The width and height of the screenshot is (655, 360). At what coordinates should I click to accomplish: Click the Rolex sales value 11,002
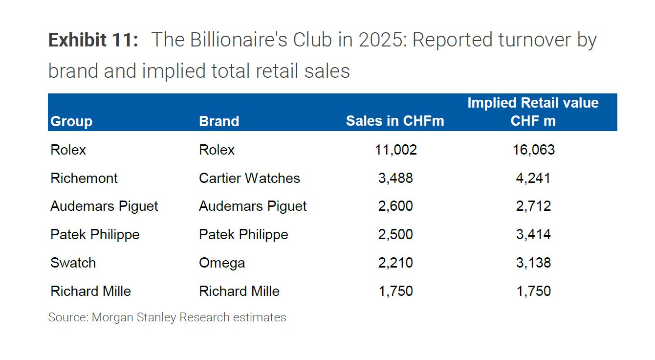(x=395, y=150)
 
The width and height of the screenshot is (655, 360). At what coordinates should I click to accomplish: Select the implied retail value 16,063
(x=533, y=150)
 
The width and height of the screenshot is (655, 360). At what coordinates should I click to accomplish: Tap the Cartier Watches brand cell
(x=249, y=178)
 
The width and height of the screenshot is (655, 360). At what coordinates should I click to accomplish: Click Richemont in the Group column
(x=84, y=178)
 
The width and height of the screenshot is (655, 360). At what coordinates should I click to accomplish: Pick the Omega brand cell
(x=222, y=263)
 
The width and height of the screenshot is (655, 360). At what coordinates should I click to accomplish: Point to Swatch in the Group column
(x=73, y=263)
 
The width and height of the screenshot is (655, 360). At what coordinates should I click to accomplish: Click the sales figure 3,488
(x=395, y=178)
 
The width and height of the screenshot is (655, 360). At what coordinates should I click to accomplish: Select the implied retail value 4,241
(x=533, y=178)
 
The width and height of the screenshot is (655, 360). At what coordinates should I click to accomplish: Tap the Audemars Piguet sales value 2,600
(x=395, y=206)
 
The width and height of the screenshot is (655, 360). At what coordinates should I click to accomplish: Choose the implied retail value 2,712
(x=533, y=206)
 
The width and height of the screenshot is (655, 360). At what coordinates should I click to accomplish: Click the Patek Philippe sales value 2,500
(x=395, y=235)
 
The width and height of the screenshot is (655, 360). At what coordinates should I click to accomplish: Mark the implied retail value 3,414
(x=533, y=235)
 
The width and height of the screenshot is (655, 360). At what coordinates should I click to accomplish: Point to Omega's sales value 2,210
(x=395, y=263)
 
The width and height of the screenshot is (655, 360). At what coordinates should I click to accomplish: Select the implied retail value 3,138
(x=533, y=263)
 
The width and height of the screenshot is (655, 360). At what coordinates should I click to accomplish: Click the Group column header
(x=71, y=121)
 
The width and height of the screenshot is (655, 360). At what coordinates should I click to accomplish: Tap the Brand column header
(x=219, y=121)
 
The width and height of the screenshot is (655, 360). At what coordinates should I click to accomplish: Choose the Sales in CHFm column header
(x=395, y=121)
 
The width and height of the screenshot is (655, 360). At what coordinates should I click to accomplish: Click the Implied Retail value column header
(x=533, y=112)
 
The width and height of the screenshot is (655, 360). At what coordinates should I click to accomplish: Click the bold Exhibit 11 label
(x=93, y=40)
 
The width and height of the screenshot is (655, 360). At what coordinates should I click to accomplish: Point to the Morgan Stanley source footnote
(x=167, y=317)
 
